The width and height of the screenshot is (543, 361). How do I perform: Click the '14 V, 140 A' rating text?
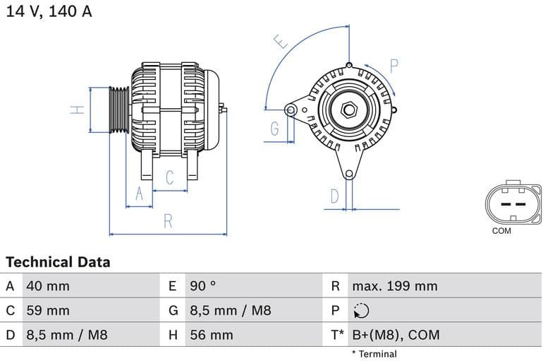49,12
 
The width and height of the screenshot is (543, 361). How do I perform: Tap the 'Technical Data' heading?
58,262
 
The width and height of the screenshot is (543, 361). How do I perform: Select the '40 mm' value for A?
47,286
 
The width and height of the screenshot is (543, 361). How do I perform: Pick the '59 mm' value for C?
47,310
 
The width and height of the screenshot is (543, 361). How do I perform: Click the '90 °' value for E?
203,286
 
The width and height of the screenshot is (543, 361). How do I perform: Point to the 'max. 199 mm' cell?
394,286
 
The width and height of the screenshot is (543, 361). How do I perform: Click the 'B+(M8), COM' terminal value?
395,335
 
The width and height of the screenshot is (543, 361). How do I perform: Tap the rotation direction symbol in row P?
360,311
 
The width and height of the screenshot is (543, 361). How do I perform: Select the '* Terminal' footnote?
374,354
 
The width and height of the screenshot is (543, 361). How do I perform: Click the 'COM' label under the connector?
501,231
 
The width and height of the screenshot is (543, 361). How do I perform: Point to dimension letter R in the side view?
168,221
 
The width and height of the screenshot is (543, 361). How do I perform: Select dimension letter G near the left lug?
274,129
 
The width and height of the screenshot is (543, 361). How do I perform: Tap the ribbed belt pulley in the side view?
118,110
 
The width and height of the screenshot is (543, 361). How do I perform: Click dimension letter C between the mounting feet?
169,177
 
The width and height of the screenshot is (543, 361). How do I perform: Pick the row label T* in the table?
337,335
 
